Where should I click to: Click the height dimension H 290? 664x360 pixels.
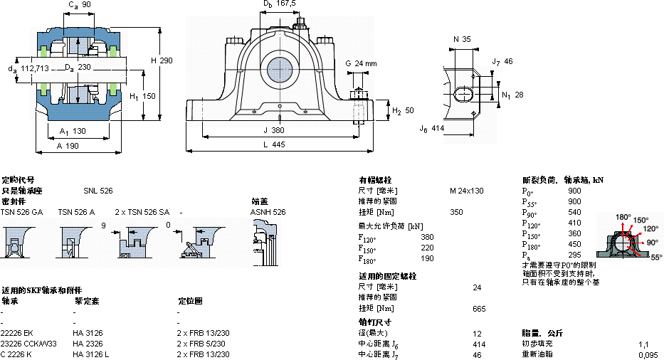[162, 60]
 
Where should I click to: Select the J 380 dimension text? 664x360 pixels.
[273, 130]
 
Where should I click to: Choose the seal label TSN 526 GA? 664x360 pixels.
[21, 212]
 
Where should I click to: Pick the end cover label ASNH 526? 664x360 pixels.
[268, 212]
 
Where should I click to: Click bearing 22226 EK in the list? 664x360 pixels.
[18, 333]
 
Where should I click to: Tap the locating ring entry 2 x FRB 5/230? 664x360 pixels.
[203, 344]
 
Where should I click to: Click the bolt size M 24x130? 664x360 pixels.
[466, 191]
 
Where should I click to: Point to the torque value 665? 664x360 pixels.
[479, 309]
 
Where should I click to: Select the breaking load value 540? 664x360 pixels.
[574, 212]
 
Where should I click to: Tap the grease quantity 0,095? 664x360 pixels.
[648, 354]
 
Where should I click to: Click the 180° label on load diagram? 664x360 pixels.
[623, 217]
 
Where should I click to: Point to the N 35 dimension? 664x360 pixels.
[462, 39]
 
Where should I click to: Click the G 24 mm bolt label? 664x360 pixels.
[361, 63]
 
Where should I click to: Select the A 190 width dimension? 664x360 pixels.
[67, 144]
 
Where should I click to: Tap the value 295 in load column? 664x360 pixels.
[574, 255]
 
